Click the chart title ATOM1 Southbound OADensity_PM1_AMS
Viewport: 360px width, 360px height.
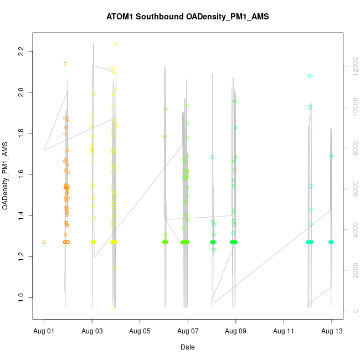pyautogui.click(x=187, y=17)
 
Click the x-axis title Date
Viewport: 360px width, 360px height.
pyautogui.click(x=187, y=347)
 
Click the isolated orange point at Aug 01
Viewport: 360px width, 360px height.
pyautogui.click(x=44, y=242)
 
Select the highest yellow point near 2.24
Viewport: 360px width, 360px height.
pyautogui.click(x=116, y=43)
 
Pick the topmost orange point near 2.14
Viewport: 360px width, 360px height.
pyautogui.click(x=65, y=64)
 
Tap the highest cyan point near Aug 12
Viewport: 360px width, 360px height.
pyautogui.click(x=310, y=75)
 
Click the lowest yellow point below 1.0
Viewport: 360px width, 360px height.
pyautogui.click(x=112, y=308)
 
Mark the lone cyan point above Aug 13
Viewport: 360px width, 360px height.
pyautogui.click(x=332, y=156)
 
